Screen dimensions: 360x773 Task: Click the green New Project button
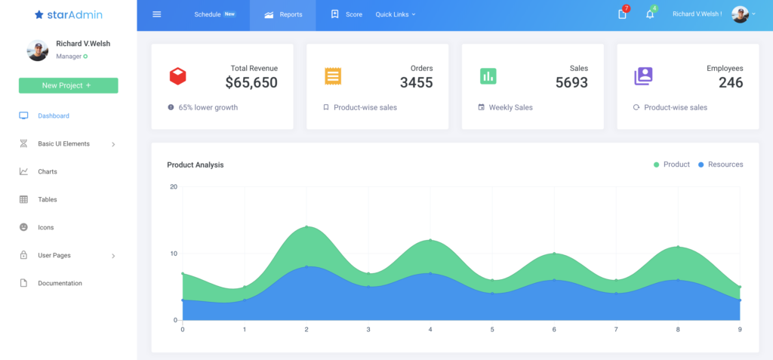68,85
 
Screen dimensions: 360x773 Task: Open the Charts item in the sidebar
48,172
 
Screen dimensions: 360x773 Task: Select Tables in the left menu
48,200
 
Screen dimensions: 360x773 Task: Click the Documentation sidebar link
60,284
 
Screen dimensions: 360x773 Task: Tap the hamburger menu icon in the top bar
157,14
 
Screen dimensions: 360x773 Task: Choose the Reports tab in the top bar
283,14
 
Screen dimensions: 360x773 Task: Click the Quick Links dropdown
396,14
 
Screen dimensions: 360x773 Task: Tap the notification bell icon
649,14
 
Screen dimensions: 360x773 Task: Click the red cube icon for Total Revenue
177,76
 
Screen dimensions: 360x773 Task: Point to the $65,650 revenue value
251,83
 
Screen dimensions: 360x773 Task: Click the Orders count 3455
416,83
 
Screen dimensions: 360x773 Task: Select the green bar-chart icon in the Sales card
488,76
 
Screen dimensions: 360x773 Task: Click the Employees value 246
731,83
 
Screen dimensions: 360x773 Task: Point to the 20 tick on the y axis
173,187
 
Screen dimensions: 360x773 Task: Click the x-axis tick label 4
430,330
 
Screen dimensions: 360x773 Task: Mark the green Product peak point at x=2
306,226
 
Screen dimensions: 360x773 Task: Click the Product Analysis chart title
196,165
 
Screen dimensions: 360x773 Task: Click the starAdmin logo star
39,14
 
